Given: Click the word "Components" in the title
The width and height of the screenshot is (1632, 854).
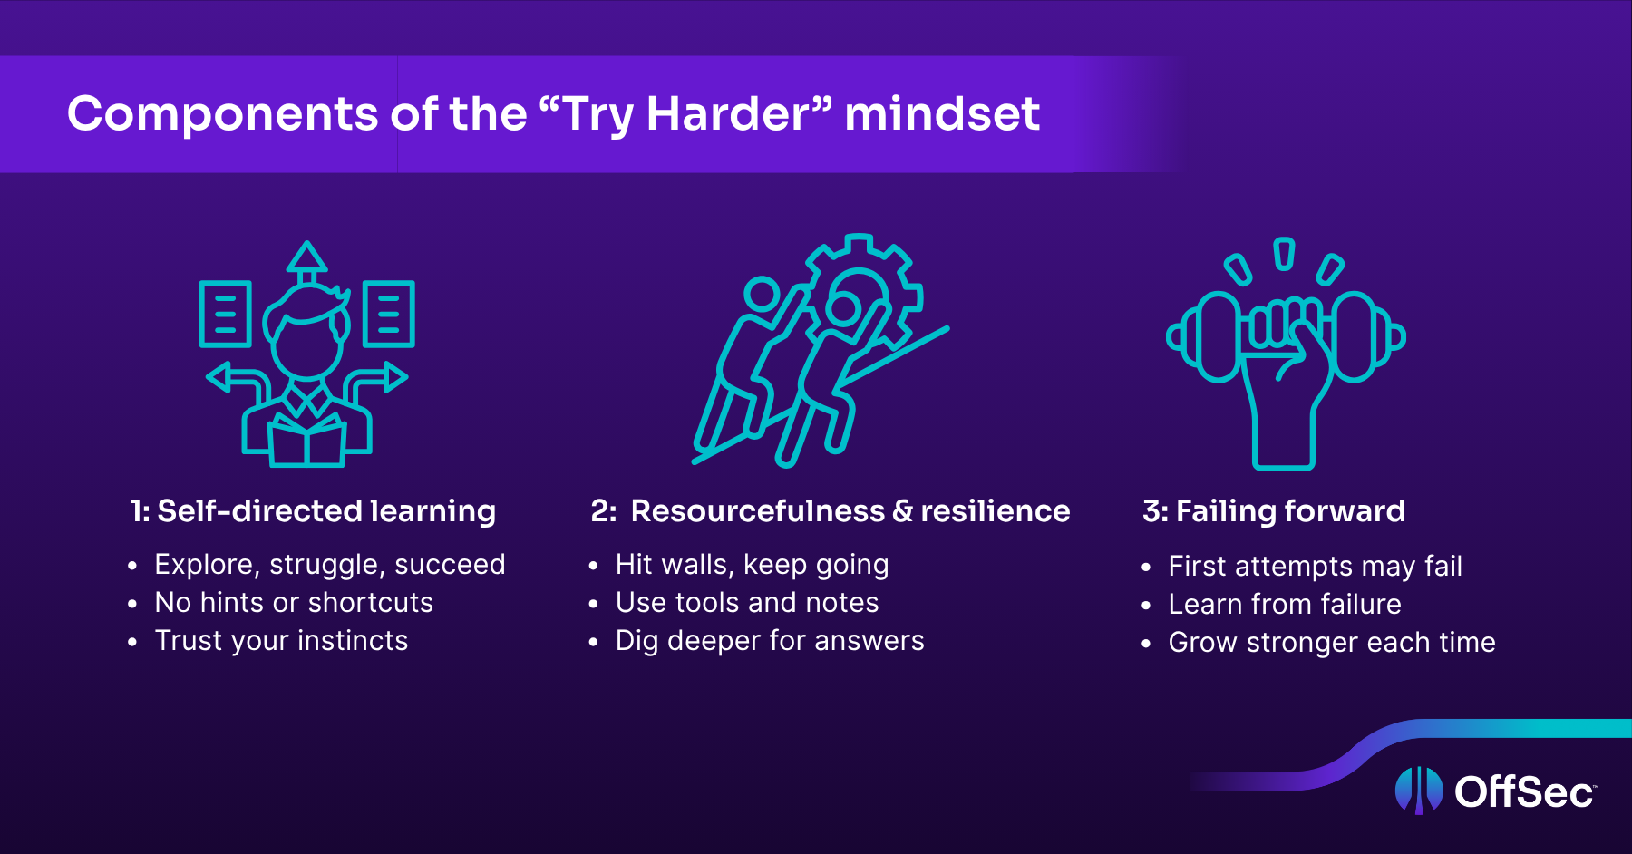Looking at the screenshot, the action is coord(223,114).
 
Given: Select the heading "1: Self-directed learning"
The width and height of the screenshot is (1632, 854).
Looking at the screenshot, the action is coord(313,511).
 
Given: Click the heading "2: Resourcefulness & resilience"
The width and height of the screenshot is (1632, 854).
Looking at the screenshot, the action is coord(831,511).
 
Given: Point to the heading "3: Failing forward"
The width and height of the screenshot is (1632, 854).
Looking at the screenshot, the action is coord(1274,511).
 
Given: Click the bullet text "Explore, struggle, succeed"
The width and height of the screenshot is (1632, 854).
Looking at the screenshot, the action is coord(330,565).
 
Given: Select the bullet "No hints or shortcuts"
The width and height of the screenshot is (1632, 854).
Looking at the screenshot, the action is coord(294,602).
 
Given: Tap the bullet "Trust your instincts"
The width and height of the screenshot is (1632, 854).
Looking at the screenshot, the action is coord(281,641).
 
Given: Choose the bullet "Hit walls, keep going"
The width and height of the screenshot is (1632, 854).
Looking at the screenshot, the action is coord(752,565).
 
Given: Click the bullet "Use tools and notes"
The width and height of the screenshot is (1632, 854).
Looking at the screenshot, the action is coord(747,602).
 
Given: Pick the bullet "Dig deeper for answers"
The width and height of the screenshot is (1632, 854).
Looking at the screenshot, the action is coord(770,641).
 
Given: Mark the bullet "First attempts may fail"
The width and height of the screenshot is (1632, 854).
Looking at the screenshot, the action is coord(1315,567).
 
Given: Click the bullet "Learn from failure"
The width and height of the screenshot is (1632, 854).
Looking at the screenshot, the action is coord(1285,604).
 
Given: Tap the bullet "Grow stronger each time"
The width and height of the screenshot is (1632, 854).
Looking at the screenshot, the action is coord(1332,643).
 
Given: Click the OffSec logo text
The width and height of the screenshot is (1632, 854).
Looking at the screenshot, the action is coord(1525,791).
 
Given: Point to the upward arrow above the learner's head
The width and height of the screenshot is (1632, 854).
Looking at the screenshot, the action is coord(307,264).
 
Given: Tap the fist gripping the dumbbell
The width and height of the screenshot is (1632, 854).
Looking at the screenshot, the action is coord(1286,345).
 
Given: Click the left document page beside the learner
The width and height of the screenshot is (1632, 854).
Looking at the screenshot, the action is coord(225,314).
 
